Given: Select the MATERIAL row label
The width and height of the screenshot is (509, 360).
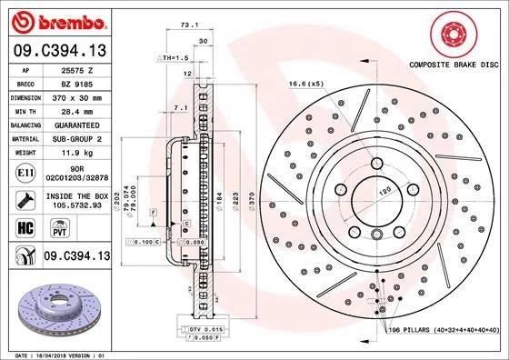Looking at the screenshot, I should [25, 139].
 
